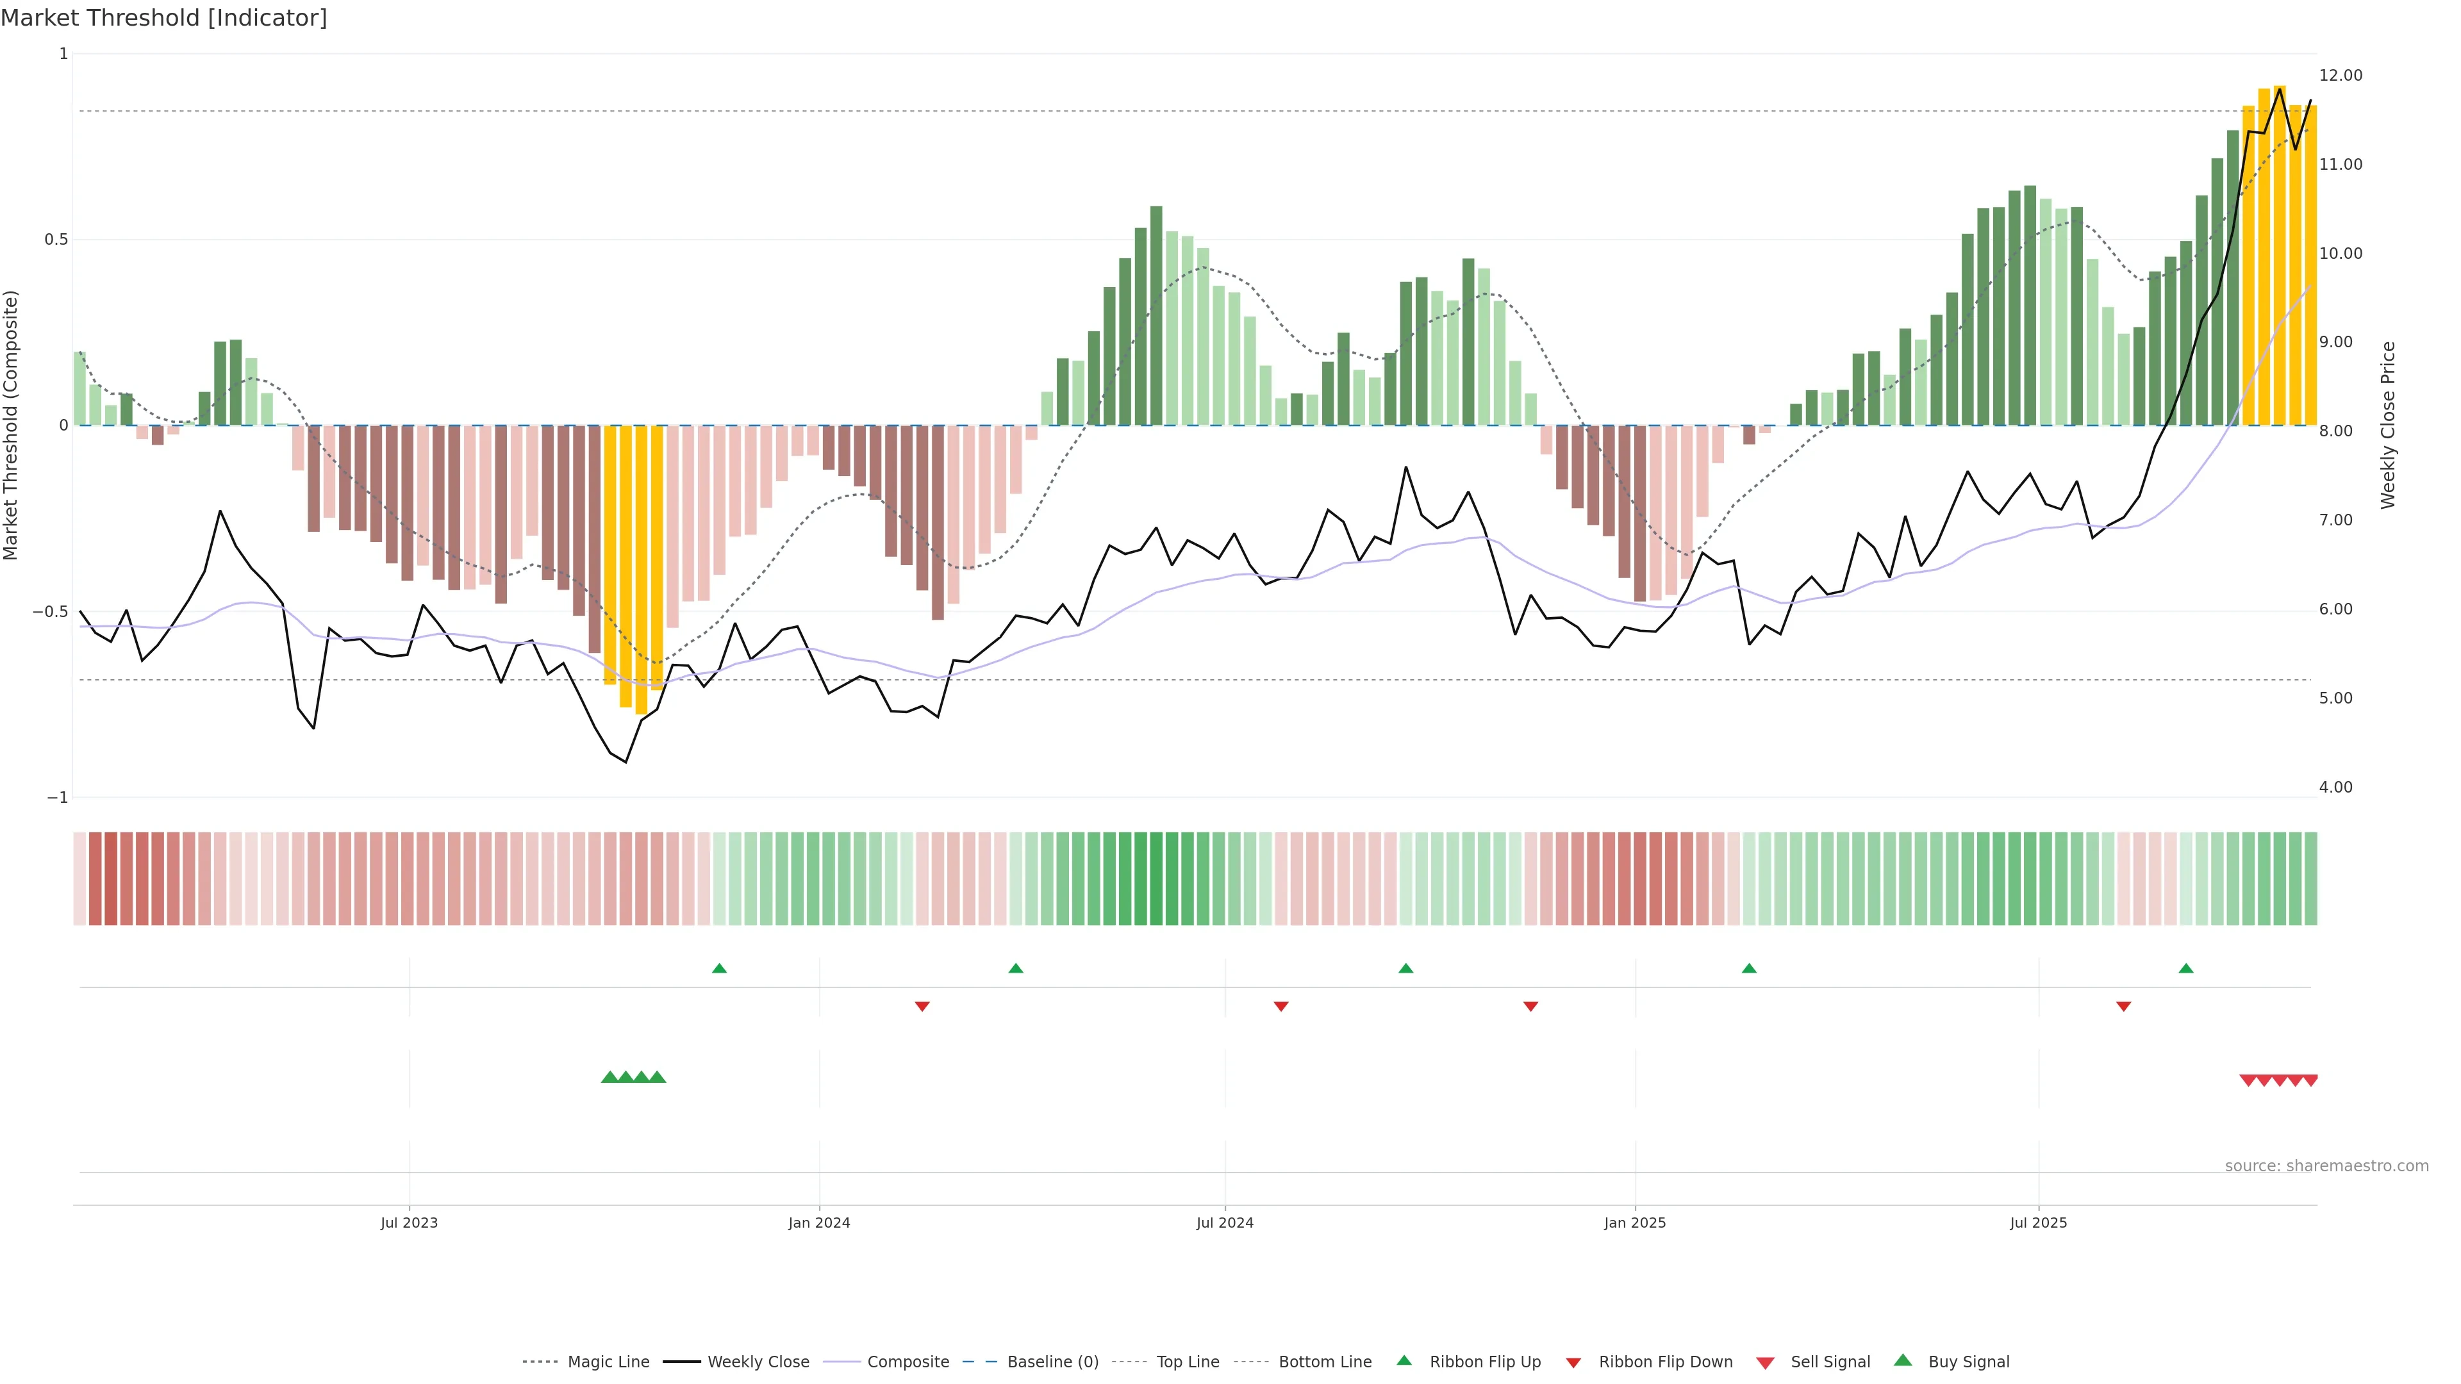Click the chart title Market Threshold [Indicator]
coord(163,18)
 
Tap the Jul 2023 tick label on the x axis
coord(409,1223)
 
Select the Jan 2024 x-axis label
coord(819,1223)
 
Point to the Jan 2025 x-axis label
coord(1635,1223)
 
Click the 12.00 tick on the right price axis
coord(2341,76)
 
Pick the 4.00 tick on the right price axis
coord(2336,787)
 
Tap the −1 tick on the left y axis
coord(57,798)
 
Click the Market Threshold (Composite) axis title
coord(12,425)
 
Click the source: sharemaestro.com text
coord(2326,1166)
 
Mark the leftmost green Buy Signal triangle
coord(609,1077)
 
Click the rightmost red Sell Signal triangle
coord(2310,1080)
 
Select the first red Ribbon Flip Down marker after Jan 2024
coord(922,1007)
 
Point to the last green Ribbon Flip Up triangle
coord(2186,969)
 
